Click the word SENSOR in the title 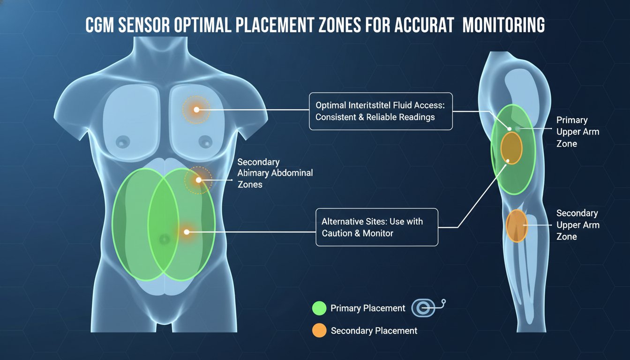[x=144, y=25]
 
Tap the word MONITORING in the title [x=503, y=25]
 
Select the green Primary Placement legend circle [x=319, y=308]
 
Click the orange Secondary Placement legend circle [x=319, y=330]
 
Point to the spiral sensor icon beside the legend [x=428, y=308]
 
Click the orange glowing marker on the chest [x=196, y=110]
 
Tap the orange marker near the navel [x=187, y=232]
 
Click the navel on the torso [x=164, y=240]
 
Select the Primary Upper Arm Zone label [x=577, y=132]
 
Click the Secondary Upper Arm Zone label [x=577, y=225]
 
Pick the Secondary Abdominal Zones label [x=275, y=173]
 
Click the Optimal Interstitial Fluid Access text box [x=381, y=111]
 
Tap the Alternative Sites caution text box [x=377, y=227]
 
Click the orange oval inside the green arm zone [x=511, y=148]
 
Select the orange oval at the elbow [x=517, y=226]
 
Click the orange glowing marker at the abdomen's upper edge [x=199, y=180]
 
